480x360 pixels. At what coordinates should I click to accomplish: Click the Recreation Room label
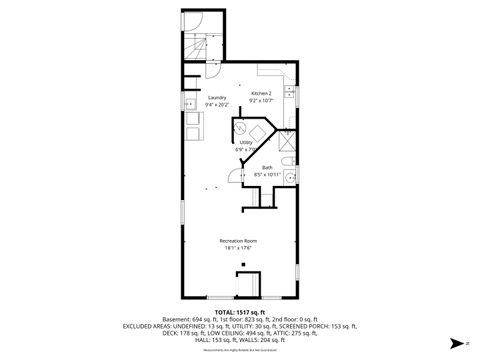click(x=239, y=241)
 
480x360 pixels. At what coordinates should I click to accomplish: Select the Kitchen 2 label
click(x=261, y=93)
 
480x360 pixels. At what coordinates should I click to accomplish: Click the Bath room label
click(x=267, y=167)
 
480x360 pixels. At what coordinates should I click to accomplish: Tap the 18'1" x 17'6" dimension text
click(x=239, y=248)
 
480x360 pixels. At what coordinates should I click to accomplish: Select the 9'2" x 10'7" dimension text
click(x=261, y=100)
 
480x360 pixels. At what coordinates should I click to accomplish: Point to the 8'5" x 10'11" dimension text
click(x=267, y=174)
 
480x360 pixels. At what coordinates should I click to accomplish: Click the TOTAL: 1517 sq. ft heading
click(x=240, y=312)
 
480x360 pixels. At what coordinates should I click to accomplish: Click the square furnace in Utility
click(x=259, y=133)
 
